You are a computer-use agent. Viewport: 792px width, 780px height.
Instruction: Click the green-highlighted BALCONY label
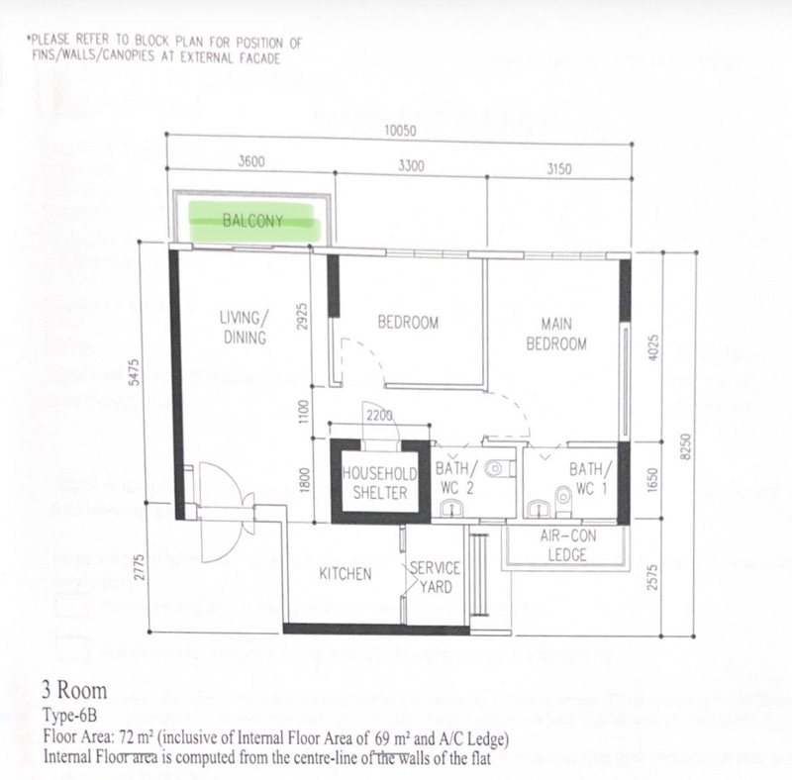coord(252,221)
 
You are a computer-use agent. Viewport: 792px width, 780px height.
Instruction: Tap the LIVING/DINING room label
coord(245,328)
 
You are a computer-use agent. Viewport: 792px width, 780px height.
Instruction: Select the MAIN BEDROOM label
coord(556,334)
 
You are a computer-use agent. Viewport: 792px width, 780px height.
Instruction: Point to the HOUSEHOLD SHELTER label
coord(380,483)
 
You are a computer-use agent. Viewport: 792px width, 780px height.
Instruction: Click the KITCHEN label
coord(346,574)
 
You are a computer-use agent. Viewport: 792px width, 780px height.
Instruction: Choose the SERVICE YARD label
coord(435,577)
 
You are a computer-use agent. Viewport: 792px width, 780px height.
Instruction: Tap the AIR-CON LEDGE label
coord(567,545)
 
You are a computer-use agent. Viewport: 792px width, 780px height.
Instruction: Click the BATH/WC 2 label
coord(456,478)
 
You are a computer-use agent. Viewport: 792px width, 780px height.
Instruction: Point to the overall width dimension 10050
coord(401,131)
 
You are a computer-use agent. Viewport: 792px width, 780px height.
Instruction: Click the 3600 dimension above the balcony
coord(251,161)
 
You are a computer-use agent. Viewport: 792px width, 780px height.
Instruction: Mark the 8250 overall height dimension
coord(685,446)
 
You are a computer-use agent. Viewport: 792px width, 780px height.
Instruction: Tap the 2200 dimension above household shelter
coord(379,416)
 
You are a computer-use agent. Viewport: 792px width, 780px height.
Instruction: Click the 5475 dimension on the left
coord(134,372)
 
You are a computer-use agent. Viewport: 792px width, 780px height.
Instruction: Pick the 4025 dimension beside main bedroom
coord(652,347)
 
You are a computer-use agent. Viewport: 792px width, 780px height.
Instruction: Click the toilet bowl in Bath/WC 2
coord(497,469)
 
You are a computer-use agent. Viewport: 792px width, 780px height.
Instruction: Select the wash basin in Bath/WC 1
coord(540,509)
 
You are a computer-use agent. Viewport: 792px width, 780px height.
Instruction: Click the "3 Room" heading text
coord(74,691)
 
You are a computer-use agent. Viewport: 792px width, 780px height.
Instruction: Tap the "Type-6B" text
coord(69,716)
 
